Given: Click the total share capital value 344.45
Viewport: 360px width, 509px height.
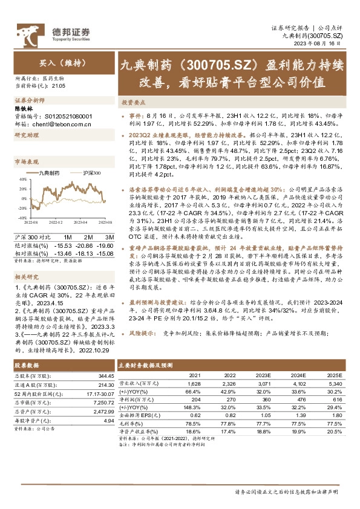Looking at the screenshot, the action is pos(105,376).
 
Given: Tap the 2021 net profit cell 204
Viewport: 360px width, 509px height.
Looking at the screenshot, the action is pos(196,400).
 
